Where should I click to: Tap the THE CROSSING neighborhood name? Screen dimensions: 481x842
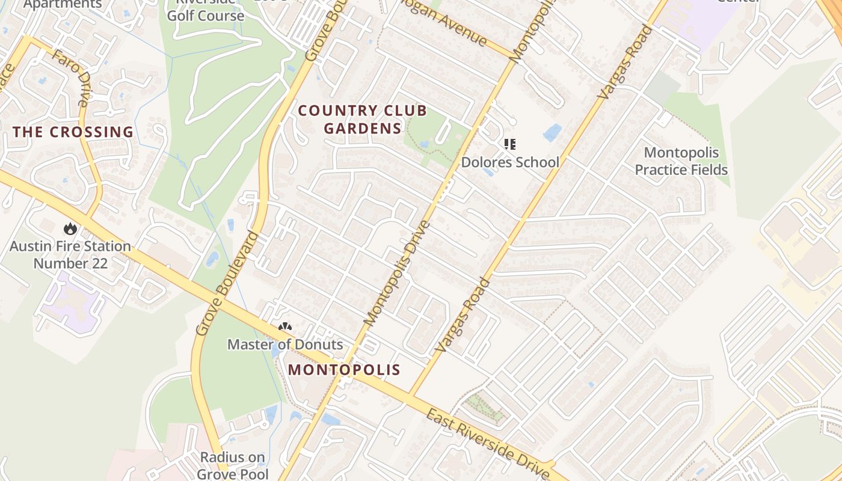click(73, 132)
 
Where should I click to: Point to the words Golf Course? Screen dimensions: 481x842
click(206, 16)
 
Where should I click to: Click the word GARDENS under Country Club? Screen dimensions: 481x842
click(363, 128)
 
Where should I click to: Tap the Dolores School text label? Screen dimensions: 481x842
click(510, 162)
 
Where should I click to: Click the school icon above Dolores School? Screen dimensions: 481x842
click(510, 144)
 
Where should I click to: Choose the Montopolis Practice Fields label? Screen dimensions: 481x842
click(681, 161)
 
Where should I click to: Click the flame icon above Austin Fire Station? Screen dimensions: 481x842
click(70, 228)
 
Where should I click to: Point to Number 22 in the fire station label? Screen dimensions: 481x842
click(70, 263)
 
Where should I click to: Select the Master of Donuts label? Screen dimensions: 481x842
click(285, 345)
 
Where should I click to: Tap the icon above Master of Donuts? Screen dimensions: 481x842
click(285, 328)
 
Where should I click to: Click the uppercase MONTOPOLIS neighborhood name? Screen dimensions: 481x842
click(344, 369)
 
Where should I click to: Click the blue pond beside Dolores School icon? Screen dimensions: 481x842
click(552, 133)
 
